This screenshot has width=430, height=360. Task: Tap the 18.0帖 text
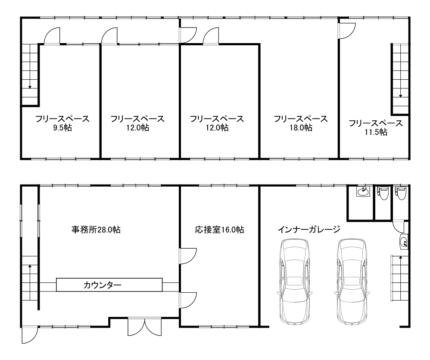click(x=300, y=128)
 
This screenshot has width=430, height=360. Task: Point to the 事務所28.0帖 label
click(x=95, y=230)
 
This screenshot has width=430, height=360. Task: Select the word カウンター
click(x=102, y=285)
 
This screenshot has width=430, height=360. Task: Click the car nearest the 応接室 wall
click(x=295, y=282)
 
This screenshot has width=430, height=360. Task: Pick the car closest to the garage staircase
click(x=352, y=282)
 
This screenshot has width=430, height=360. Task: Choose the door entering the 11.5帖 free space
click(x=346, y=29)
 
